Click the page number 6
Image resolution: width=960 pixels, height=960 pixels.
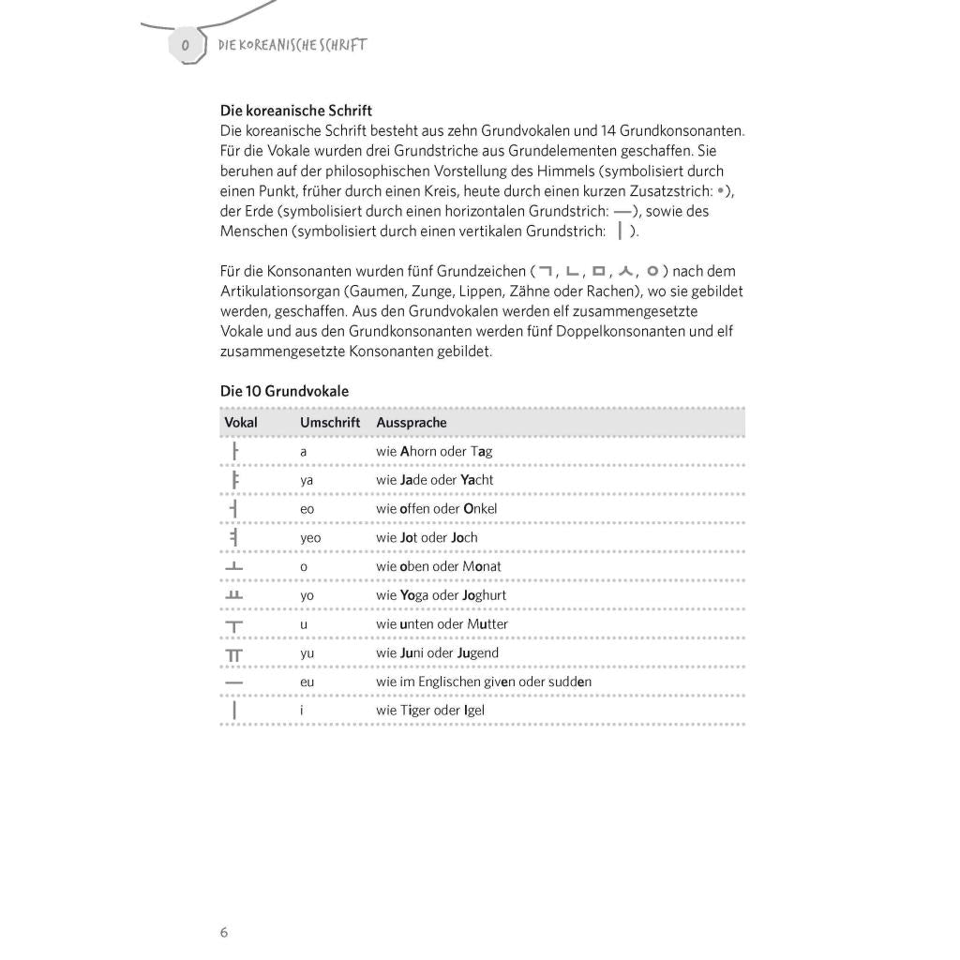click(x=224, y=932)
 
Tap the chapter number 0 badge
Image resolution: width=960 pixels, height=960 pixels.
click(x=186, y=45)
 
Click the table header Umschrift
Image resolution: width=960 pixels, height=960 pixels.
click(x=330, y=423)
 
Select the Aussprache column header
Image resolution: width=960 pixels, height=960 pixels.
click(x=412, y=423)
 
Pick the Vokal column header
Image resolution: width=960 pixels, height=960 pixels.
click(x=241, y=423)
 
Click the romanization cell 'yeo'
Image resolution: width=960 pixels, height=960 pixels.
click(x=310, y=538)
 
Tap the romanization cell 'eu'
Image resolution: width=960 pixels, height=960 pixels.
click(x=307, y=682)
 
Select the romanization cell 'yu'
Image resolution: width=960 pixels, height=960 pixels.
click(x=307, y=653)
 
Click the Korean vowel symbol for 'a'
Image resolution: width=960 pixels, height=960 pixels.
click(x=234, y=452)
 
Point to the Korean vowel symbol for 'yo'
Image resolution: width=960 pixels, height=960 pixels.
click(x=233, y=595)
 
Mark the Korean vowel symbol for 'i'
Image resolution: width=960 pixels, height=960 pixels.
click(x=233, y=711)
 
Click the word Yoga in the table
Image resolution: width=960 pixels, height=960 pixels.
click(x=419, y=595)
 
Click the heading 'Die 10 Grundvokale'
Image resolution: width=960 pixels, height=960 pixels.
click(x=284, y=391)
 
